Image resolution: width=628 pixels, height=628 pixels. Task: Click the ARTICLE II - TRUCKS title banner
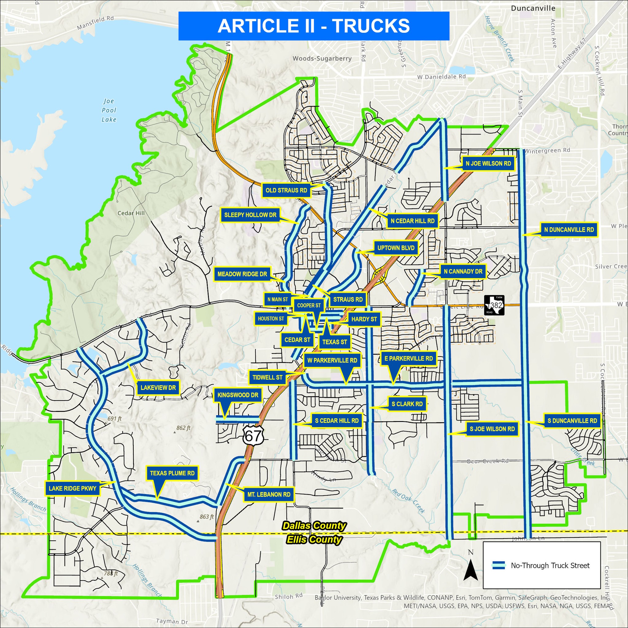point(314,26)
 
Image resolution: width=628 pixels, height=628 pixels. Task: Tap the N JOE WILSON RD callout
point(488,163)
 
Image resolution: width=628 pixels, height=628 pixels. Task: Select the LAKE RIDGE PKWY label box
point(72,488)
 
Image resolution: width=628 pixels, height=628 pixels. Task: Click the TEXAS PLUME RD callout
point(172,473)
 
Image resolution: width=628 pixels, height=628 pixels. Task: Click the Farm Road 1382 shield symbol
point(494,305)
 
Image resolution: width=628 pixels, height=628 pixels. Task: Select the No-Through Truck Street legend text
point(550,565)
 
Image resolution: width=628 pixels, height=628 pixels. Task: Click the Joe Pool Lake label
point(109,110)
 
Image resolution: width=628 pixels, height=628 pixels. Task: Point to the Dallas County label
point(314,526)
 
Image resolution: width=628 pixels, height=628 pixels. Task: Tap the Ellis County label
point(314,540)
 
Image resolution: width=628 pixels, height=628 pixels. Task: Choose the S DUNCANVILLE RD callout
point(572,421)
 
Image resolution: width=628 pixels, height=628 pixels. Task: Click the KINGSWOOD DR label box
point(238,395)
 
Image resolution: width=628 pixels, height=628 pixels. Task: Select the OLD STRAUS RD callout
point(286,190)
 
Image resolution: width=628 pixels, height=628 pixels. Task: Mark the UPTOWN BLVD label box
point(396,248)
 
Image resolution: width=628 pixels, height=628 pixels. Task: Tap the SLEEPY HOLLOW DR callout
point(250,215)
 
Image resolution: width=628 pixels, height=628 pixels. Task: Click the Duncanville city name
point(533,8)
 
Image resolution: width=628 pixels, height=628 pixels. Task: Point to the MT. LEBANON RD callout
point(269,495)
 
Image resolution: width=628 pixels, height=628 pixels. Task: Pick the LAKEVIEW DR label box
point(158,388)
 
